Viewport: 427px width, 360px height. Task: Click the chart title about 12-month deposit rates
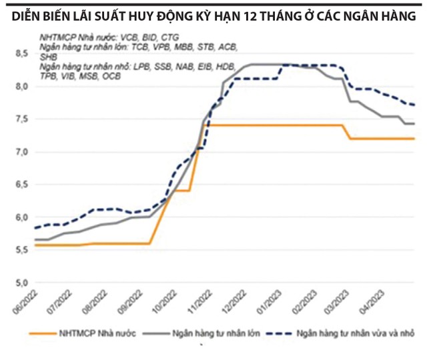(x=213, y=14)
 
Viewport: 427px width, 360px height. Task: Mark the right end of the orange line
(x=414, y=139)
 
